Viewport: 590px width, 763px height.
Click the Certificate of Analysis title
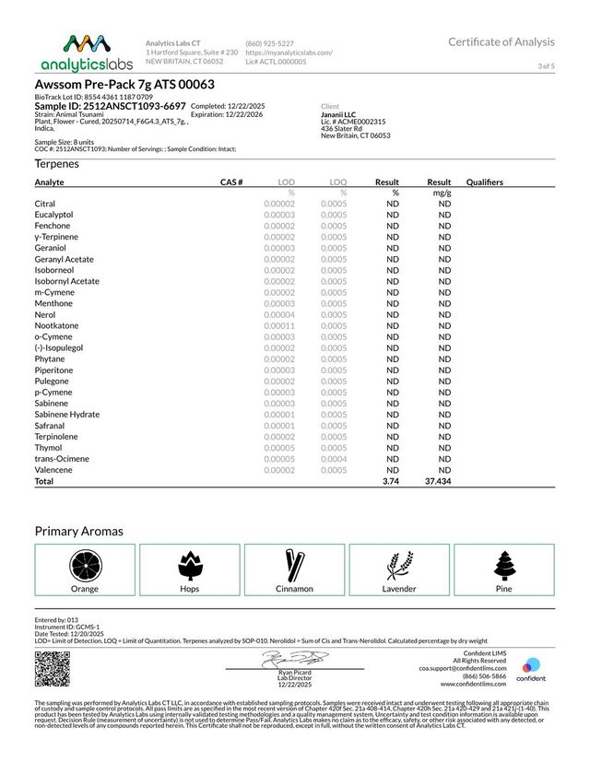501,42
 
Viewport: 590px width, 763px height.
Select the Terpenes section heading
57,164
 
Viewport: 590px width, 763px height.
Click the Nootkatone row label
57,326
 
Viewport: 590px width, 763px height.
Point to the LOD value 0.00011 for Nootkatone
279,326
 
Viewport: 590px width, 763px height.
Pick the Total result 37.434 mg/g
437,481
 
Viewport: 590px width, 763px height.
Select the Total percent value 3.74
389,481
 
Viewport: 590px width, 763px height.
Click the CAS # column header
231,182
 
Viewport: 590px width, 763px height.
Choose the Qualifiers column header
485,182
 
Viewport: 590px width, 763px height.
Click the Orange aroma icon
85,563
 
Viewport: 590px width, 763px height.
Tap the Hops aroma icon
189,563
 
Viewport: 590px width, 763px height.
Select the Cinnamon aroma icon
294,563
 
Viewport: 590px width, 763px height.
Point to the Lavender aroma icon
398,563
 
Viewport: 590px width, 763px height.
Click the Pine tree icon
502,563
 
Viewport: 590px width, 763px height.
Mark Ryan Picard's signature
294,659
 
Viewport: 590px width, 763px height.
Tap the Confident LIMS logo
530,669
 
